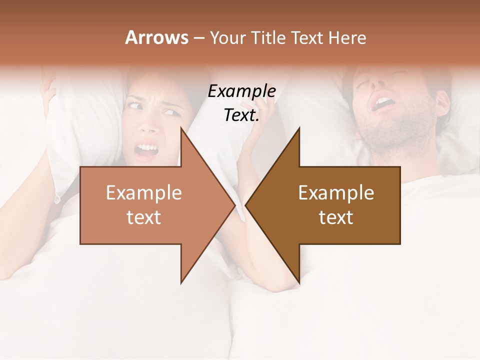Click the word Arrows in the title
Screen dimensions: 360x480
(x=156, y=37)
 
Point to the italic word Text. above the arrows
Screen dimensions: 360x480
(x=241, y=115)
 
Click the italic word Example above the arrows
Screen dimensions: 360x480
(x=241, y=91)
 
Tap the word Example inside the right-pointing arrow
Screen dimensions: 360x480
(x=144, y=193)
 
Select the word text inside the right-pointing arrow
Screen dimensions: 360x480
(x=144, y=217)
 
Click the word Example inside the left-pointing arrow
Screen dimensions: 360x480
(x=336, y=193)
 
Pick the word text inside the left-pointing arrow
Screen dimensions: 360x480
(x=336, y=217)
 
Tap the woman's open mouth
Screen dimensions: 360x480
(x=147, y=149)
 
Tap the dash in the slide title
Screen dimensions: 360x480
(x=198, y=38)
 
